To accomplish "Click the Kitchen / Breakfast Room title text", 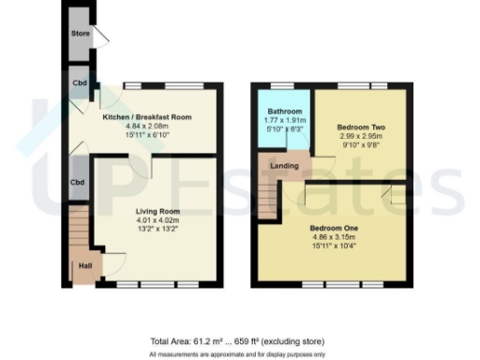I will click(x=147, y=117).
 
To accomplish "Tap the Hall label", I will click(x=84, y=265).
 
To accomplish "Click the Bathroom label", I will click(x=282, y=112).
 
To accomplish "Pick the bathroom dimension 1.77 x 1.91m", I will click(x=282, y=121).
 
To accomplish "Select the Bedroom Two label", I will click(x=359, y=126).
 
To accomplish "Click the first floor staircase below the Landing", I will click(x=269, y=200).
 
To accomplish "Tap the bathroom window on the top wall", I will click(x=282, y=85).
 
